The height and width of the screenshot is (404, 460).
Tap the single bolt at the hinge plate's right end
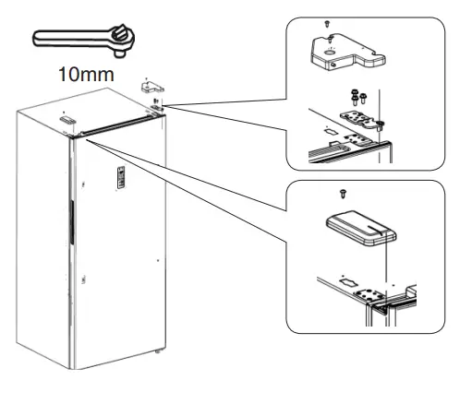pyautogui.click(x=381, y=122)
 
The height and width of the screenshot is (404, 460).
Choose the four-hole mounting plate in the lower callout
pyautogui.click(x=379, y=293)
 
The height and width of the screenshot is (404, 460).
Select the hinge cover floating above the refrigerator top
pyautogui.click(x=151, y=84)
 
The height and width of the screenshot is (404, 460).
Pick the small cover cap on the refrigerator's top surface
pyautogui.click(x=67, y=119)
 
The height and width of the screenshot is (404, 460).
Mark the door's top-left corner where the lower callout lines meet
pyautogui.click(x=79, y=137)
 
